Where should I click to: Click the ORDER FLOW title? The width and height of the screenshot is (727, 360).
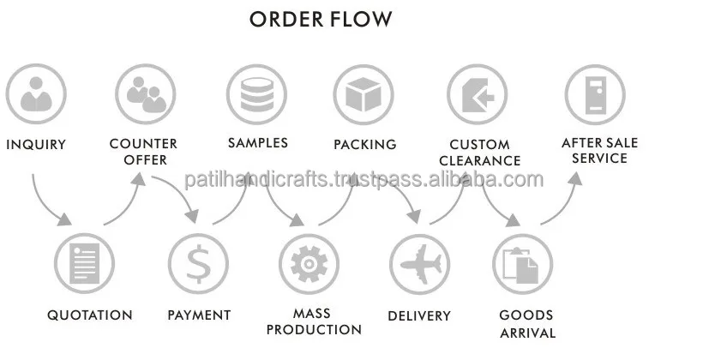click(x=321, y=18)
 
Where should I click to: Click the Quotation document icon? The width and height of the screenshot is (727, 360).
click(x=84, y=263)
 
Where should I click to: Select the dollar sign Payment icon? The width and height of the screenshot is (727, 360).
click(x=199, y=263)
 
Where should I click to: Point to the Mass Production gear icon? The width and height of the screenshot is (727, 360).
click(x=309, y=263)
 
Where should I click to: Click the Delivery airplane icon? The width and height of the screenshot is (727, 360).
click(x=419, y=263)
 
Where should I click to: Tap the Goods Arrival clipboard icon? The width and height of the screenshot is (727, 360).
click(x=523, y=263)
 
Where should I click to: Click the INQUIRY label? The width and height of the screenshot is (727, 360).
click(x=36, y=145)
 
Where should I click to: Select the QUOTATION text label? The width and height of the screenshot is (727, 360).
click(x=90, y=315)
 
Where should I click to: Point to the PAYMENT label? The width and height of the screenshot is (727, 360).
click(x=199, y=315)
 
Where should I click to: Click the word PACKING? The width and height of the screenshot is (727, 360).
click(x=365, y=145)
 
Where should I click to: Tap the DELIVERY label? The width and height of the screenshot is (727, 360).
click(x=419, y=316)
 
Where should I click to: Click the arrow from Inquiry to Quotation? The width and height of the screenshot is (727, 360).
click(x=47, y=206)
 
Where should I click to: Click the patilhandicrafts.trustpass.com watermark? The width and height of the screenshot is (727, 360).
click(x=364, y=179)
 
